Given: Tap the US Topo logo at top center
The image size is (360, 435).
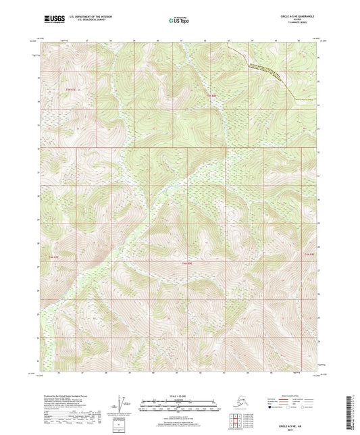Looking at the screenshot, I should pyautogui.click(x=178, y=21).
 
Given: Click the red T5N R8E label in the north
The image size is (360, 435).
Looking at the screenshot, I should pyautogui.click(x=210, y=95).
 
